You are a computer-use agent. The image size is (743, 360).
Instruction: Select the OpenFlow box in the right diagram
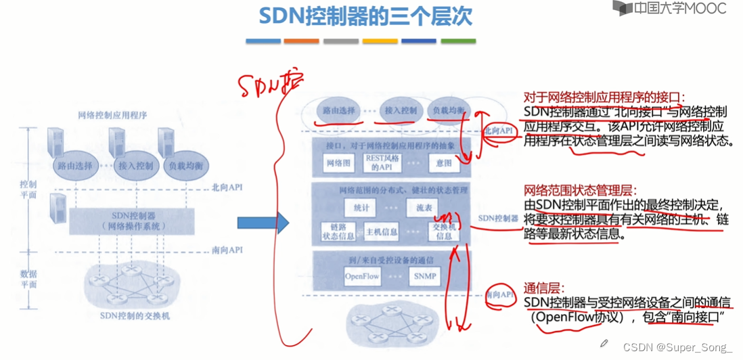pyautogui.click(x=363, y=276)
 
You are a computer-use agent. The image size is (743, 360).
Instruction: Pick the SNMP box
pyautogui.click(x=424, y=276)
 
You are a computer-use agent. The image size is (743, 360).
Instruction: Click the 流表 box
pyautogui.click(x=423, y=208)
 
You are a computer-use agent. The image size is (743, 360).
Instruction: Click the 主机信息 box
pyautogui.click(x=382, y=232)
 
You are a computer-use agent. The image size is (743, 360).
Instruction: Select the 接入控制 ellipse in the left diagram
pyautogui.click(x=135, y=165)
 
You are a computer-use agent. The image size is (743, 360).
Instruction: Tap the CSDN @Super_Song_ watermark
pyautogui.click(x=677, y=347)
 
